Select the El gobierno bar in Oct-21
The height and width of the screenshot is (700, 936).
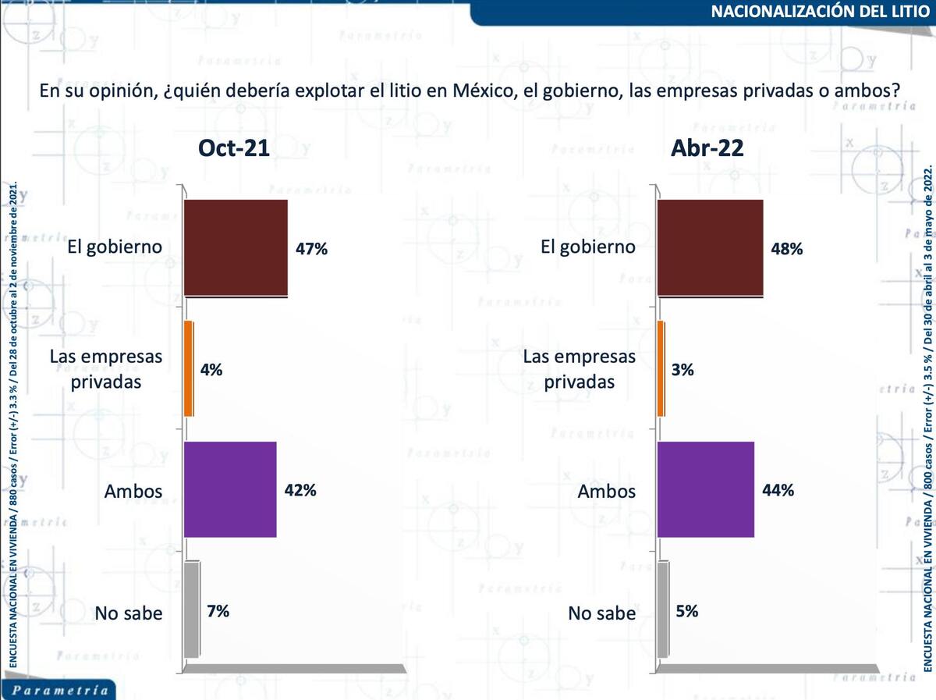point(236,248)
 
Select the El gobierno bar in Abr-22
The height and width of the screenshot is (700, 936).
point(710,248)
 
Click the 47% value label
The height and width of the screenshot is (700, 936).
point(311,250)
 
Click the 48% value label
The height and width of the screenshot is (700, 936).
point(786,250)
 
